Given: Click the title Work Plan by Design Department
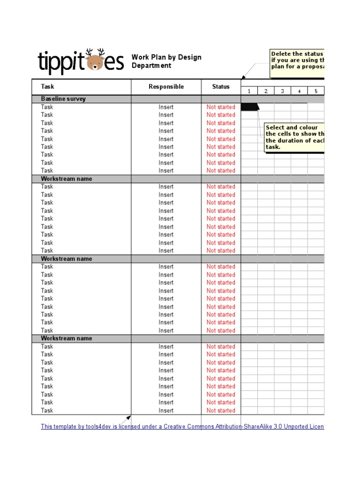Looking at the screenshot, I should [x=166, y=61].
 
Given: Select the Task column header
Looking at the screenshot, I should [x=47, y=87].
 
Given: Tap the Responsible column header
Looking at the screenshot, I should [x=166, y=87].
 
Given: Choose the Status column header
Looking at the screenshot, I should [x=221, y=87].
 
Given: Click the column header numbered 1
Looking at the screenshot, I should [x=249, y=91].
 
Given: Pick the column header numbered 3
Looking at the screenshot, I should [x=283, y=91].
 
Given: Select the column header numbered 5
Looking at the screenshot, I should [x=316, y=91].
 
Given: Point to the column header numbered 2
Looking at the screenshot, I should [x=266, y=91].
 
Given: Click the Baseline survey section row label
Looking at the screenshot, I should [x=63, y=99].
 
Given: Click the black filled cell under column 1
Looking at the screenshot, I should [x=249, y=107].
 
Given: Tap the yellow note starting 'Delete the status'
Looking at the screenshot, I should [x=297, y=63].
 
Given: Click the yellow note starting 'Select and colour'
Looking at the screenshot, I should [x=294, y=137].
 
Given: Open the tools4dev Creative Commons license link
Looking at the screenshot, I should [x=182, y=427].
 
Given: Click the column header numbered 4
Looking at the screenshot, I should [x=299, y=91].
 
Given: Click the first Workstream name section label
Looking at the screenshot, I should [x=66, y=179].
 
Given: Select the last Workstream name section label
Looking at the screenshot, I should [x=66, y=338].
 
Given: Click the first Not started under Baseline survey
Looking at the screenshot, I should [x=221, y=107].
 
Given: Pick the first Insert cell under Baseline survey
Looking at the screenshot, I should [x=166, y=107].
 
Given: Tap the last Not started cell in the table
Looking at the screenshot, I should [x=221, y=411].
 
